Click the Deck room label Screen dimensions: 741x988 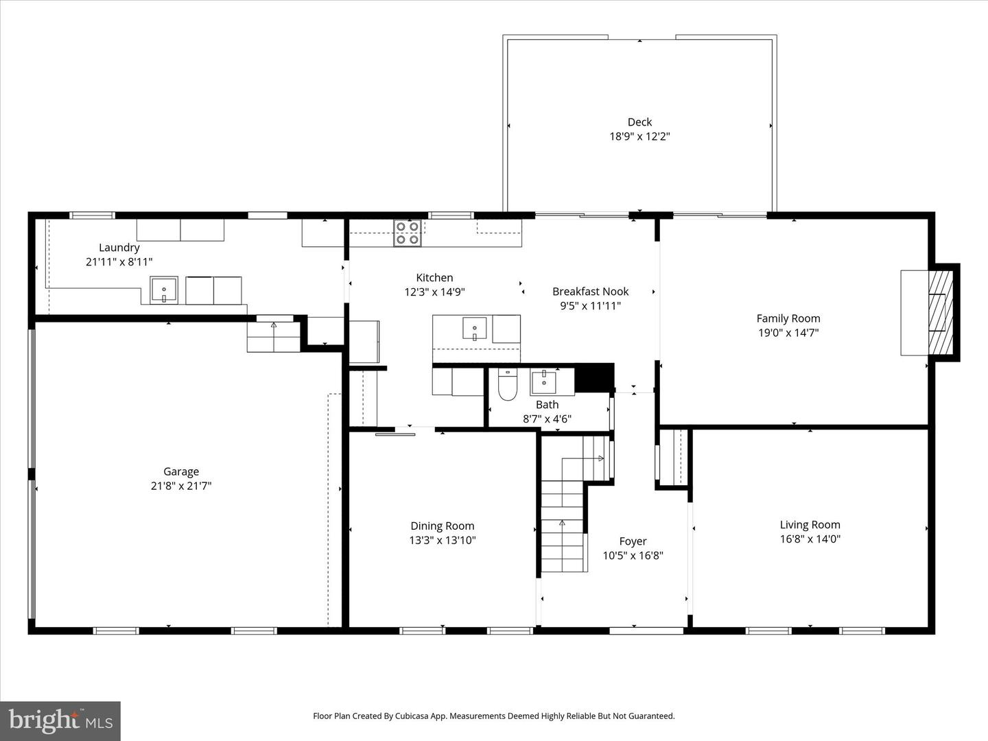coord(639,122)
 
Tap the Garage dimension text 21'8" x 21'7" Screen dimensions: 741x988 coord(181,486)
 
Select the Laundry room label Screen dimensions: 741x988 coord(119,248)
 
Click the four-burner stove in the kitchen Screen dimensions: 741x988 coord(407,233)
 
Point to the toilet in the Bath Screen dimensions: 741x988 coord(507,386)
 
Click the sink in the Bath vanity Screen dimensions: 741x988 coord(543,382)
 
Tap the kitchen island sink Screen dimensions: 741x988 coord(474,328)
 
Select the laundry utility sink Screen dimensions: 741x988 coord(164,290)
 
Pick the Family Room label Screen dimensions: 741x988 coord(788,318)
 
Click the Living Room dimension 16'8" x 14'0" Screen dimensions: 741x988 coord(810,539)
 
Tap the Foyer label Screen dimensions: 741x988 coord(633,541)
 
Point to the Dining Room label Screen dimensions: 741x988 coord(442,526)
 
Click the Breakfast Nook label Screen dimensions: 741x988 coord(590,292)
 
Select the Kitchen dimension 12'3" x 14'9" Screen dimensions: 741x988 coord(434,292)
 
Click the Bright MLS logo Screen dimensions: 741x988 coord(60,720)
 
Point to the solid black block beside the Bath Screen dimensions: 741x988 coord(593,377)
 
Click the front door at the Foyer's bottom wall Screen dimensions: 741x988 coord(646,630)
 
